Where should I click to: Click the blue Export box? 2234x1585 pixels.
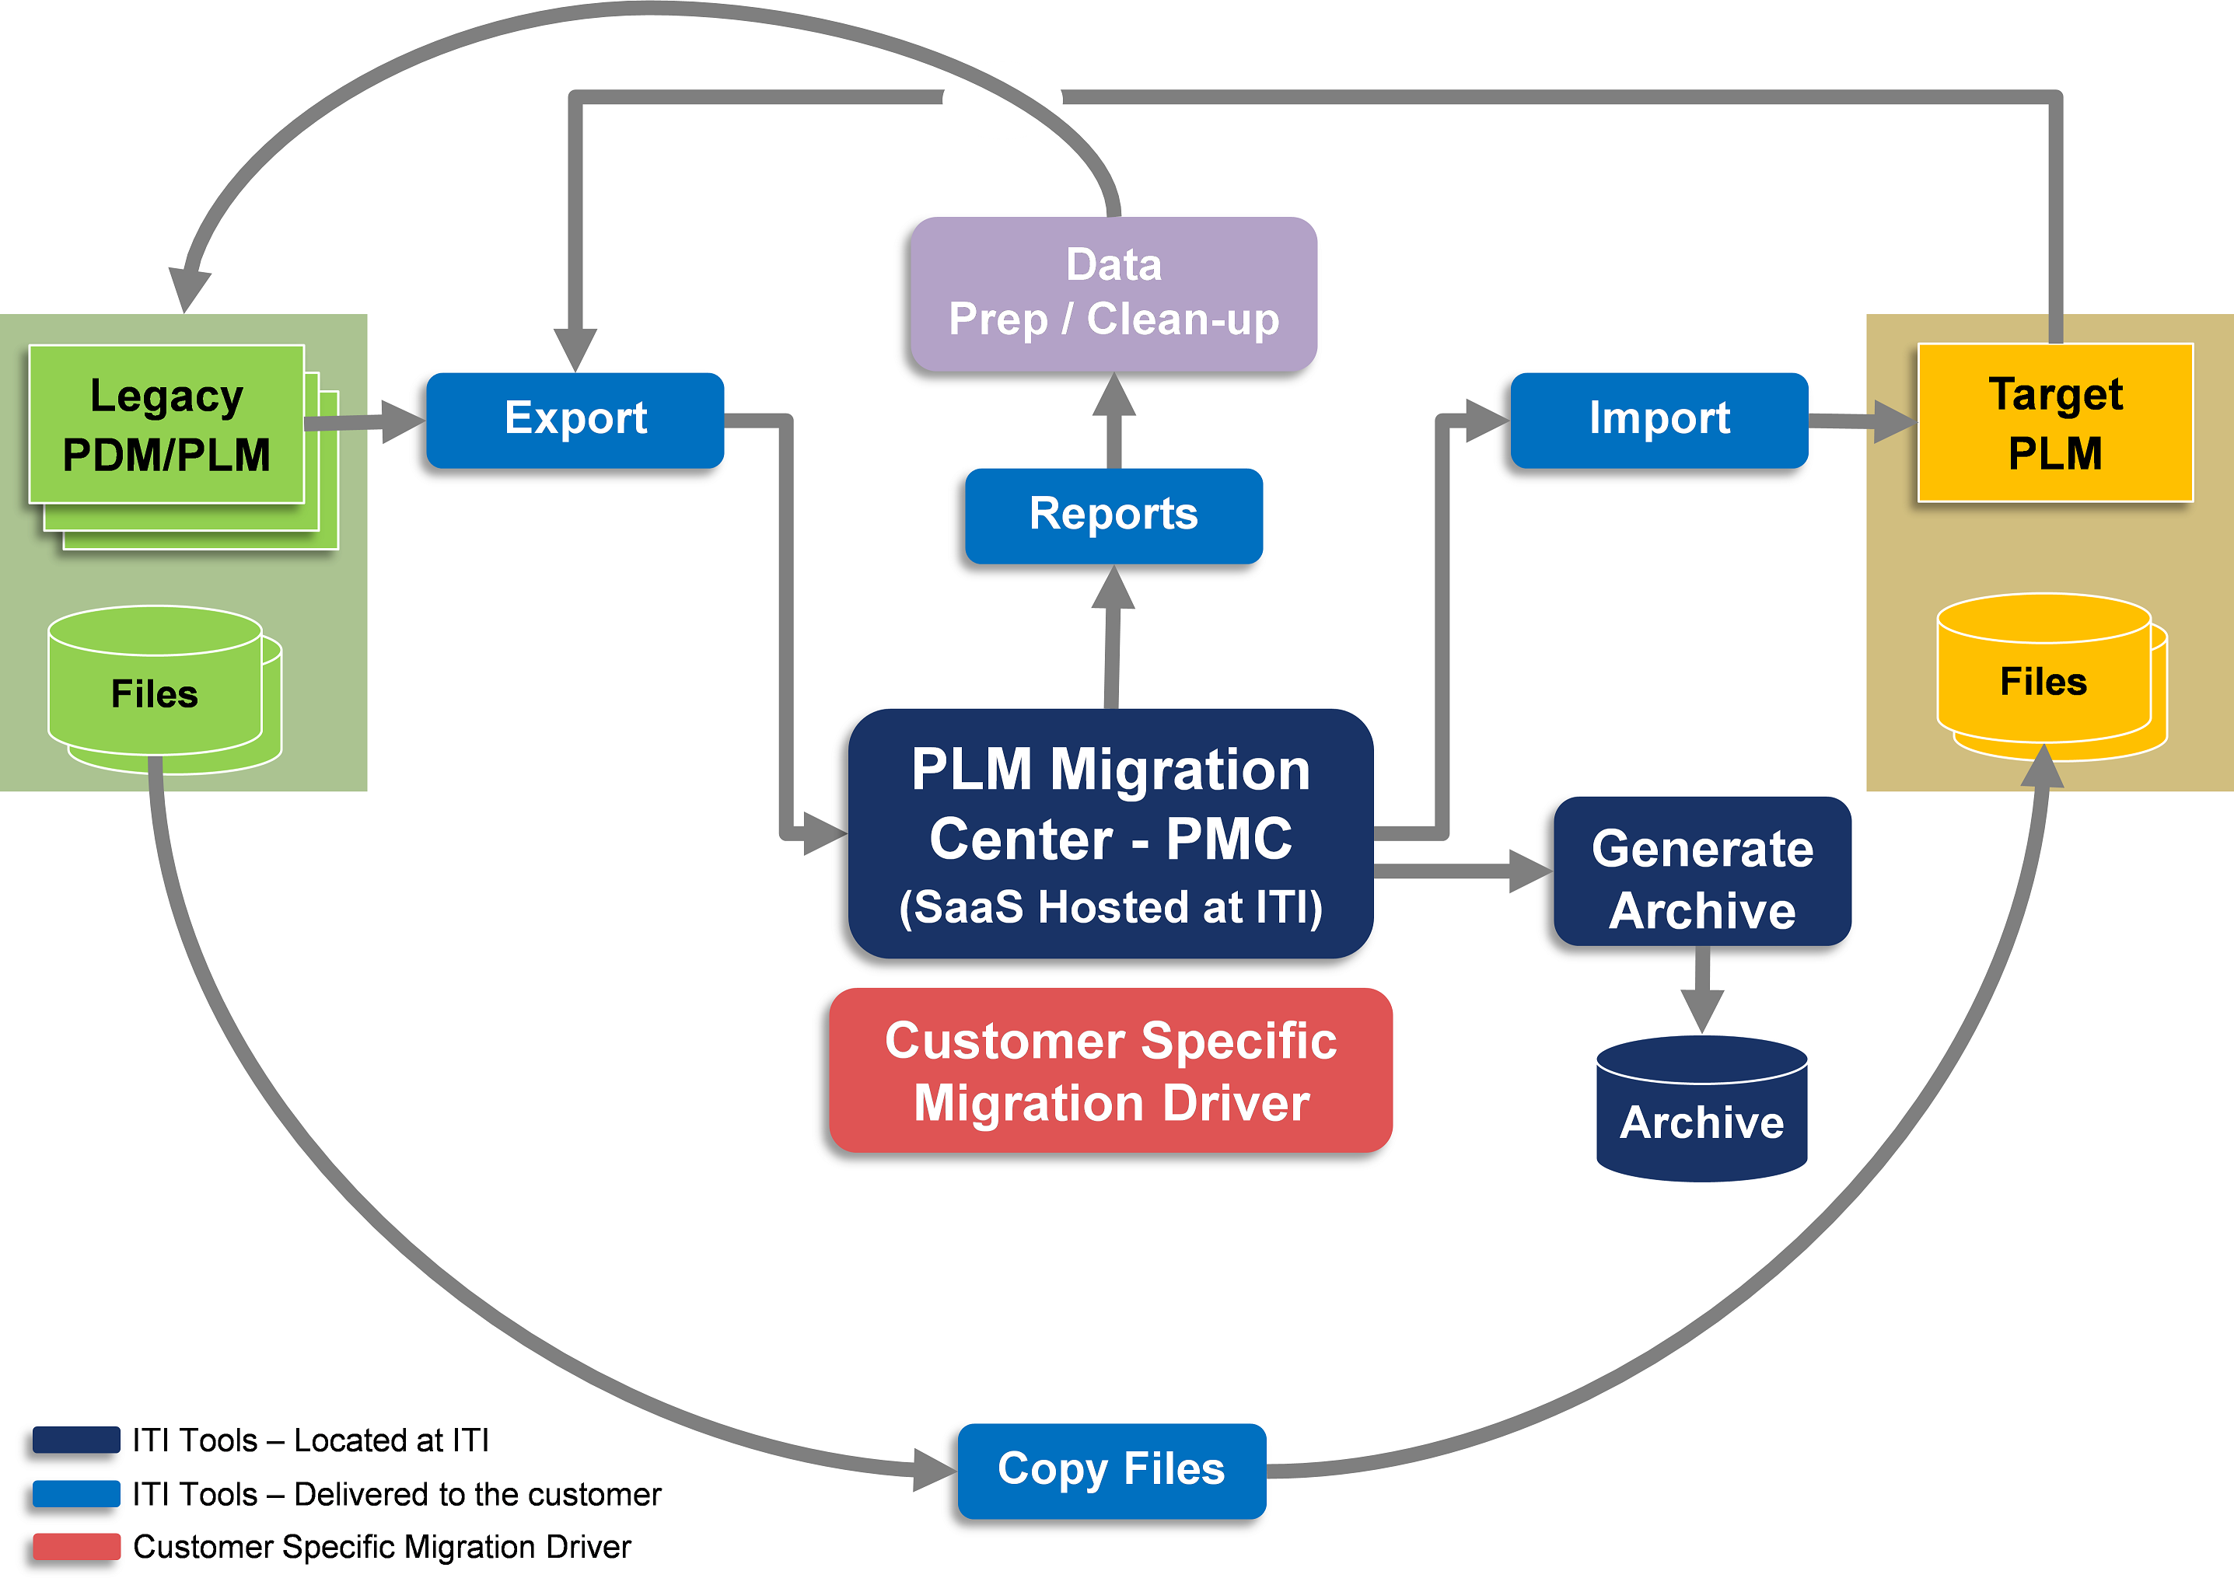575,420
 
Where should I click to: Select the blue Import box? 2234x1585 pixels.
1658,420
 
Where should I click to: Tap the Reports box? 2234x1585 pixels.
1113,515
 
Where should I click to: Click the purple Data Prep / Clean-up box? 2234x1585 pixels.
1113,293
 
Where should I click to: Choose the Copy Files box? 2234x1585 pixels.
1111,1470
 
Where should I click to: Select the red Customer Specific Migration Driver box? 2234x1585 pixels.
1110,1070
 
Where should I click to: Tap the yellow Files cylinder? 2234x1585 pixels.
2043,680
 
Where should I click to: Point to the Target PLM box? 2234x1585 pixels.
2054,423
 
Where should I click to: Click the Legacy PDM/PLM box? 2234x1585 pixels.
166,424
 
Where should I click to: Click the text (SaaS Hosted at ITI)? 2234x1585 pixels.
1110,908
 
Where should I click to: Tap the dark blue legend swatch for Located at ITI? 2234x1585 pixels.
76,1440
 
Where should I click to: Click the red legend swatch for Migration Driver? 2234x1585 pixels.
76,1547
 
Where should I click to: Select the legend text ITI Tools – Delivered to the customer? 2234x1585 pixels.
397,1494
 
